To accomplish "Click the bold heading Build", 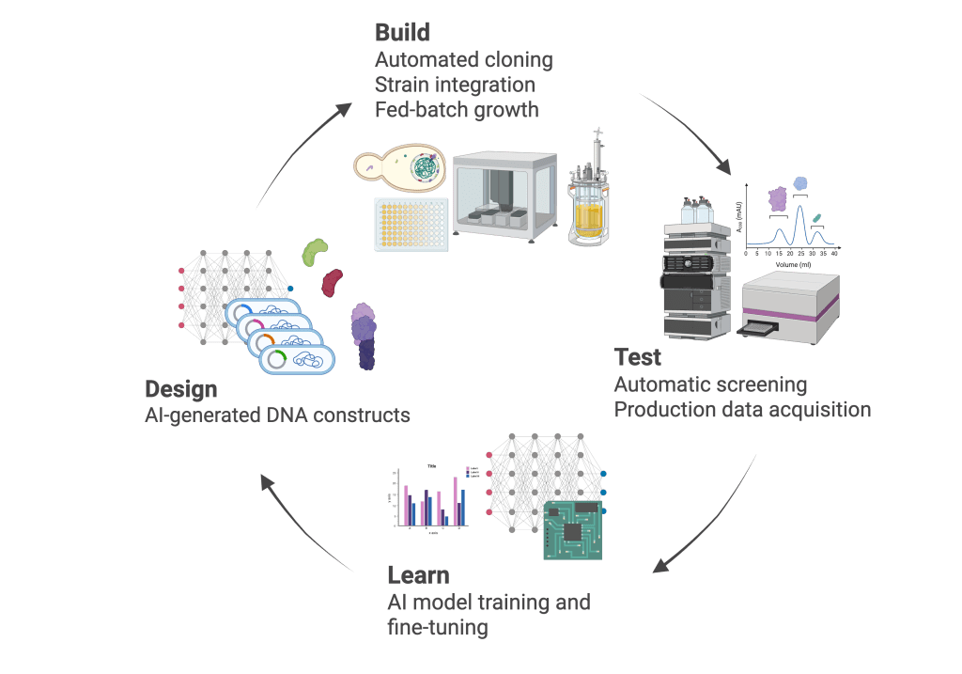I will click(x=402, y=33).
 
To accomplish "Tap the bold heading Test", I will click(x=638, y=357).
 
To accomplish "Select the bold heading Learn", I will click(x=418, y=574).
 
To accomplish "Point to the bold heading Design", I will click(x=180, y=388).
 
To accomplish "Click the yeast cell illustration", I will click(x=399, y=169).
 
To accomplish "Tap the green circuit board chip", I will click(x=575, y=530).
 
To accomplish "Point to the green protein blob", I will click(x=316, y=251).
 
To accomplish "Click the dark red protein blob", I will click(x=333, y=281).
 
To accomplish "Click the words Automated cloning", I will click(x=463, y=60).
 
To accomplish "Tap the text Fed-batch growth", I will click(x=457, y=110).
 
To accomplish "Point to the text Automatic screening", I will click(x=710, y=384).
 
